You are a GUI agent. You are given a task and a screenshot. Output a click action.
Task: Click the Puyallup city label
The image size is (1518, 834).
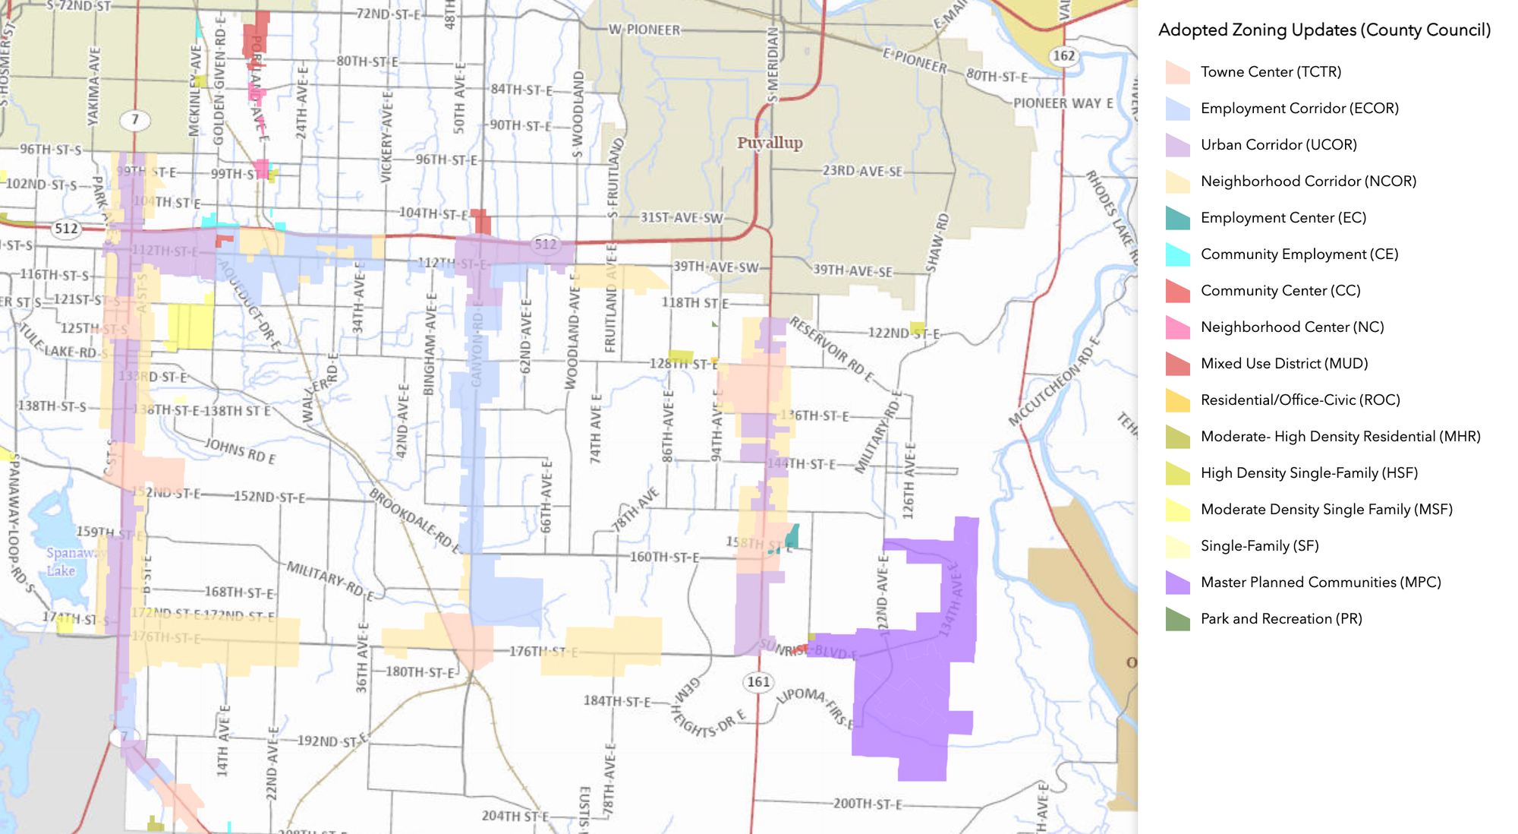pyautogui.click(x=770, y=143)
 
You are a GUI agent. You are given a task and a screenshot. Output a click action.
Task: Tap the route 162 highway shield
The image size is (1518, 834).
pyautogui.click(x=1063, y=55)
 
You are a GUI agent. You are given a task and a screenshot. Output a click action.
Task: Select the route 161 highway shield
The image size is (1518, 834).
pyautogui.click(x=758, y=681)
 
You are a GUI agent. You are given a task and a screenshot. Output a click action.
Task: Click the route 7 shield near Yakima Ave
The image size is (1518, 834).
pyautogui.click(x=135, y=119)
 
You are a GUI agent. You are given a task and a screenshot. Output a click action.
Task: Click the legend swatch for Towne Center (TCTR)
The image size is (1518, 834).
pyautogui.click(x=1177, y=72)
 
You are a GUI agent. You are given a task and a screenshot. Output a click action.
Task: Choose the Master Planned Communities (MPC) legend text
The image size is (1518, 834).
pyautogui.click(x=1320, y=583)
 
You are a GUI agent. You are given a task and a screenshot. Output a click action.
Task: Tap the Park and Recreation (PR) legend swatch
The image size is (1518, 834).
pyautogui.click(x=1177, y=619)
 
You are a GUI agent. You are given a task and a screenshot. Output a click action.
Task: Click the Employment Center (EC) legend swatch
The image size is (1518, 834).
pyautogui.click(x=1177, y=218)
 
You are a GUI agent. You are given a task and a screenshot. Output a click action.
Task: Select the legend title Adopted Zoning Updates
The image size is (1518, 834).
pyautogui.click(x=1324, y=30)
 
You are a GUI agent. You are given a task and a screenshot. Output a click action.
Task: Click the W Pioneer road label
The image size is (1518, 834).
pyautogui.click(x=644, y=30)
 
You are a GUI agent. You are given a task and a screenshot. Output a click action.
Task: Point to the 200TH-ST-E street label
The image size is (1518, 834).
pyautogui.click(x=868, y=804)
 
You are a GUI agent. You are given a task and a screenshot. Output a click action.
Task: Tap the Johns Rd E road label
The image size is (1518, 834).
pyautogui.click(x=241, y=450)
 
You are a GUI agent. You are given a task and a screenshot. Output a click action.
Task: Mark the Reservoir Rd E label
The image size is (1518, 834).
pyautogui.click(x=832, y=350)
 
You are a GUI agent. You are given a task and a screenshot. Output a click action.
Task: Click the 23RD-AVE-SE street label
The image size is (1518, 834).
pyautogui.click(x=863, y=172)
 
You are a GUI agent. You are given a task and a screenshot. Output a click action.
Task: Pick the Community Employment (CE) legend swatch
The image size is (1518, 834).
pyautogui.click(x=1177, y=254)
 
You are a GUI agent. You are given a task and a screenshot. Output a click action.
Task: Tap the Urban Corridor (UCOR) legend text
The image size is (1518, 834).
pyautogui.click(x=1278, y=145)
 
